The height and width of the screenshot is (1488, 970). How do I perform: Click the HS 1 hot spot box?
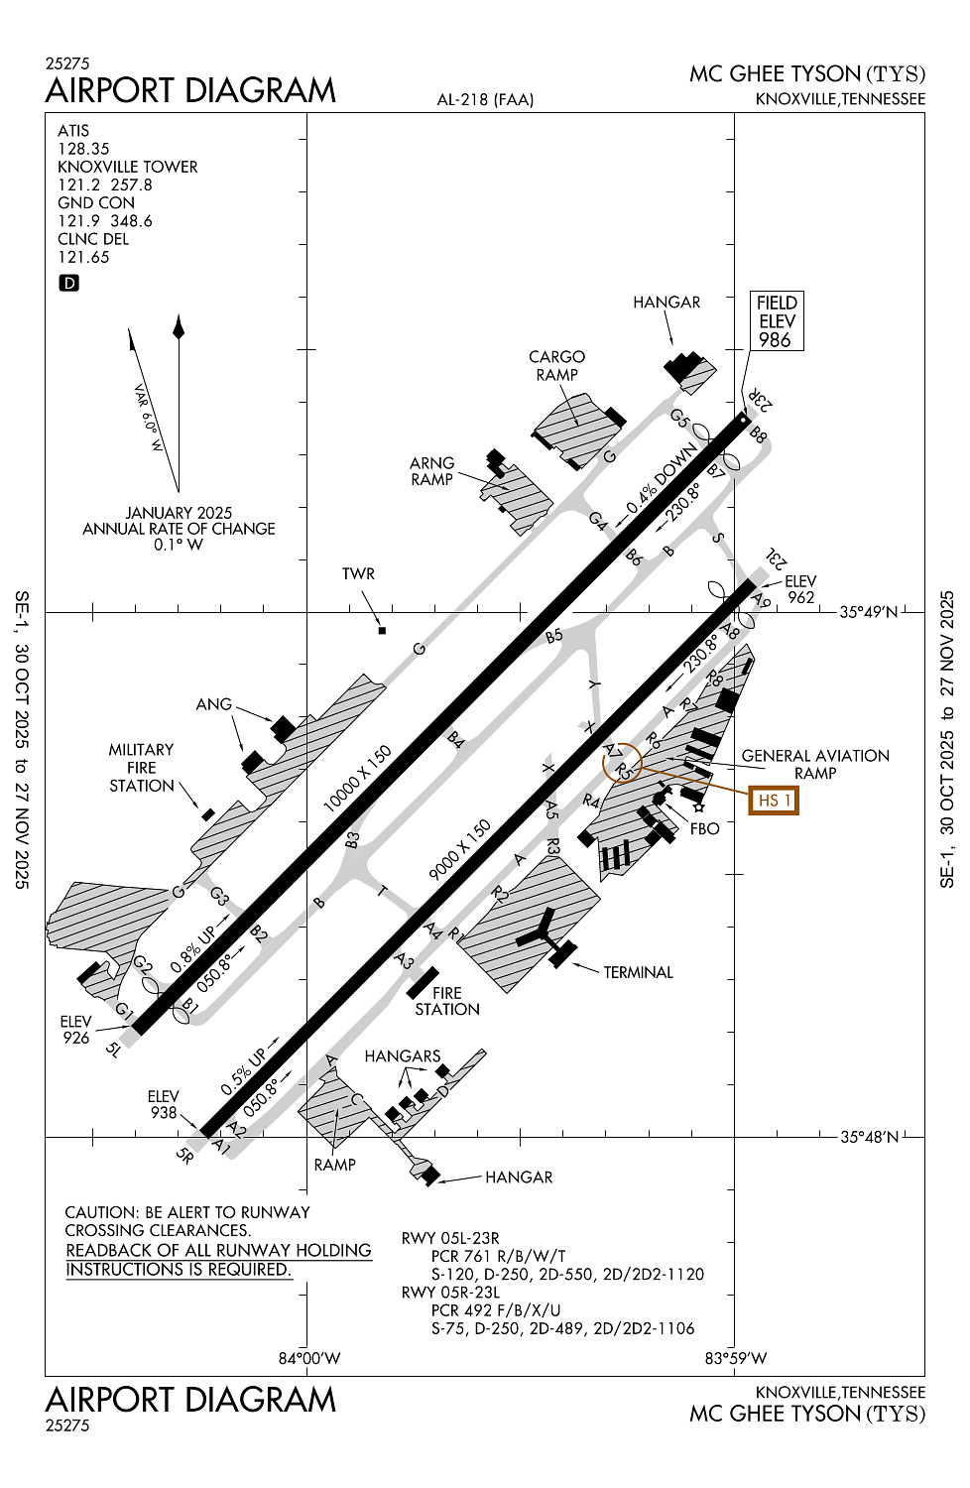tap(774, 800)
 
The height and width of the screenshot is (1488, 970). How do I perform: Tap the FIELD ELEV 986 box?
tap(777, 320)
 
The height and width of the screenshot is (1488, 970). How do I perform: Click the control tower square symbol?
tap(382, 630)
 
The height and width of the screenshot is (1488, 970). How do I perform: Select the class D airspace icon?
tap(69, 283)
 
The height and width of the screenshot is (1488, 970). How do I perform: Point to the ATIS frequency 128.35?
tap(83, 149)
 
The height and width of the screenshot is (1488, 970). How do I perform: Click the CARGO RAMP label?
tap(556, 365)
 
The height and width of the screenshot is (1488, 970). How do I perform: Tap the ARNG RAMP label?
tap(431, 471)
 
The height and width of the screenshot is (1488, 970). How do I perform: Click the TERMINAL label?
tap(638, 972)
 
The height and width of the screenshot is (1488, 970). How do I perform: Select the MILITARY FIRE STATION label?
tap(141, 768)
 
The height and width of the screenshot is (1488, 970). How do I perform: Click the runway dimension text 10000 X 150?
tap(358, 779)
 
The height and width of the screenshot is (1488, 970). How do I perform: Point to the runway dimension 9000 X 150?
tap(459, 850)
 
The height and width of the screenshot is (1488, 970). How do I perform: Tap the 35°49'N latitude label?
tap(868, 612)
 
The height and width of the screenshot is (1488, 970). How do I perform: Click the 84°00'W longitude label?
tap(308, 1358)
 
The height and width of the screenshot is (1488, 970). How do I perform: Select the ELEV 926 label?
tap(75, 1030)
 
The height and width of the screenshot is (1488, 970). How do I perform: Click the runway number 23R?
tap(761, 399)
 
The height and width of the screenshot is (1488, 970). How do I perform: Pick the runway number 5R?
tap(184, 1156)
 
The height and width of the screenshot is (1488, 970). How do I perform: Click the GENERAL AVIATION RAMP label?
tap(815, 764)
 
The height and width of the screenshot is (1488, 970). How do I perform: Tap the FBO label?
tap(704, 828)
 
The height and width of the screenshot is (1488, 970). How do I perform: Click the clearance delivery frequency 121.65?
tap(83, 257)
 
